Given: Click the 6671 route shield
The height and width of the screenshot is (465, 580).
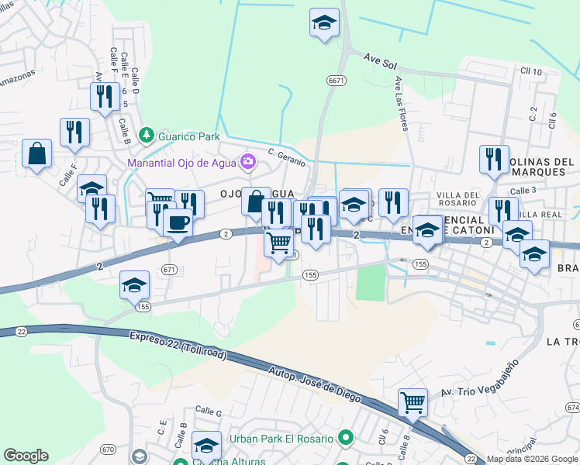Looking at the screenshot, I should (336, 81).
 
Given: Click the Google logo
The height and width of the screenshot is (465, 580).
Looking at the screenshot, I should (26, 456).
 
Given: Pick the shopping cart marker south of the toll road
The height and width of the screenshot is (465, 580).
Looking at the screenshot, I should (413, 402).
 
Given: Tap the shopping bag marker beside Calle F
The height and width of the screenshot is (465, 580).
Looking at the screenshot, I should (36, 153).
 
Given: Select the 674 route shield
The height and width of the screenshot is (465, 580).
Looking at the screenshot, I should (572, 407).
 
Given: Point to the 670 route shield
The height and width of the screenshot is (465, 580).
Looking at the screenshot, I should (107, 449).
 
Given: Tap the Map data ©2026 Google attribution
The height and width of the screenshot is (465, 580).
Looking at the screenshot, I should (532, 459).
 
